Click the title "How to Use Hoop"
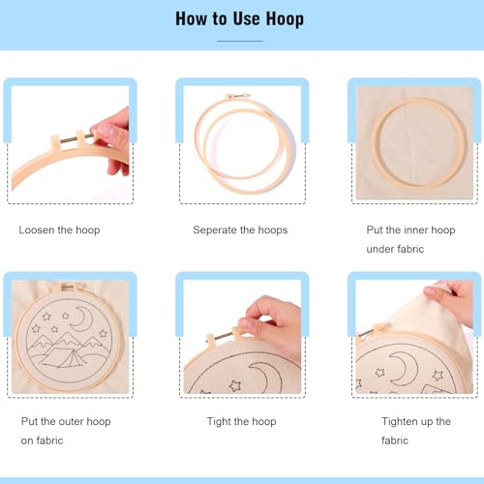point(239,18)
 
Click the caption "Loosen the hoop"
point(59,230)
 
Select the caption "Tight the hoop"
point(241,421)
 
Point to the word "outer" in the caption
point(72,421)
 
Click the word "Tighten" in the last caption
point(400,421)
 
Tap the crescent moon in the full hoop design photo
point(83,318)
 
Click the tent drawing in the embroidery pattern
point(61,356)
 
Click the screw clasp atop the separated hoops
point(238,96)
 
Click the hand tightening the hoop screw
point(271,326)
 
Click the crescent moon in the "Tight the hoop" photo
point(264,377)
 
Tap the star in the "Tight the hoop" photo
point(235,385)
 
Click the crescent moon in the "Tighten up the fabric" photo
point(404,368)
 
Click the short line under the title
point(240,41)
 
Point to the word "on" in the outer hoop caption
point(26,440)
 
